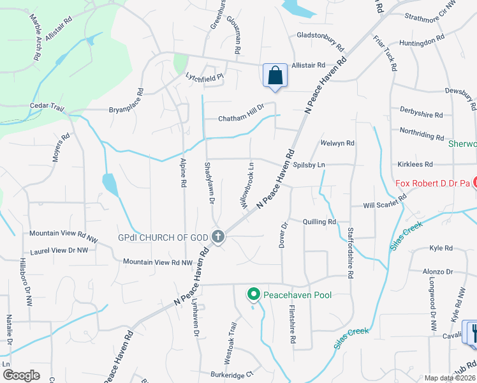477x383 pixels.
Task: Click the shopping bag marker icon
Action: point(275,75)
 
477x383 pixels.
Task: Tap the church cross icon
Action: point(217,237)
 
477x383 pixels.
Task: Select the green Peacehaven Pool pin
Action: point(253,294)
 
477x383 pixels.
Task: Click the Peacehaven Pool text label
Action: point(298,295)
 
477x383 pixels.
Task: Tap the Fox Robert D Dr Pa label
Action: point(432,183)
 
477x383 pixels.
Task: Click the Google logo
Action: point(21,375)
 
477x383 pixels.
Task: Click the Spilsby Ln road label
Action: point(309,165)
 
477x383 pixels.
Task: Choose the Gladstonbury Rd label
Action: point(320,40)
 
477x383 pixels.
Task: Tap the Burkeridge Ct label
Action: point(231,374)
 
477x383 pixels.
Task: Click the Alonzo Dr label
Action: point(437,271)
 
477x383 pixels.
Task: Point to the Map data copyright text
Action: point(450,378)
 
